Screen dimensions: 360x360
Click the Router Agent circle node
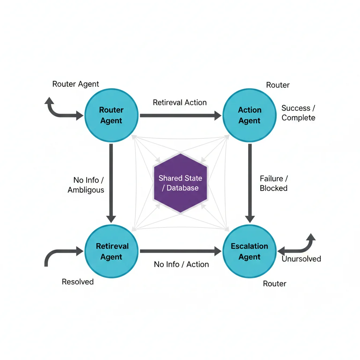pyautogui.click(x=111, y=115)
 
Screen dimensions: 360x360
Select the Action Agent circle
pyautogui.click(x=250, y=115)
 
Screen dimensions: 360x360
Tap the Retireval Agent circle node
pyautogui.click(x=111, y=251)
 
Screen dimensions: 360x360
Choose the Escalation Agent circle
pyautogui.click(x=250, y=251)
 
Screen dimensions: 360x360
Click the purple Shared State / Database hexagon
pyautogui.click(x=180, y=183)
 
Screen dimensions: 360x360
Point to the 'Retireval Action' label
pyautogui.click(x=180, y=102)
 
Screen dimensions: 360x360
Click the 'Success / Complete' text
pyautogui.click(x=298, y=113)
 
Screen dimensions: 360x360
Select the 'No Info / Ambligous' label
pyautogui.click(x=86, y=185)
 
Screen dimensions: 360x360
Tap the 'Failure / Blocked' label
pyautogui.click(x=274, y=183)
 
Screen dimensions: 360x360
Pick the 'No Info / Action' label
pyautogui.click(x=181, y=264)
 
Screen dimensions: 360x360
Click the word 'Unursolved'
pyautogui.click(x=301, y=259)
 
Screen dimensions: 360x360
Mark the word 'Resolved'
pyautogui.click(x=78, y=282)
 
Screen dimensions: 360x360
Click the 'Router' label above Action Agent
pyautogui.click(x=278, y=85)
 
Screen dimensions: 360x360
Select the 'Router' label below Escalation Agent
pyautogui.click(x=275, y=283)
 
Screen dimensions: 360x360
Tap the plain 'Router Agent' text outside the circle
pyautogui.click(x=76, y=84)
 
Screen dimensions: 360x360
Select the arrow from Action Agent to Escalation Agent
pyautogui.click(x=250, y=183)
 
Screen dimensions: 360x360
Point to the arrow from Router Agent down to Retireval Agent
pyautogui.click(x=111, y=183)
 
